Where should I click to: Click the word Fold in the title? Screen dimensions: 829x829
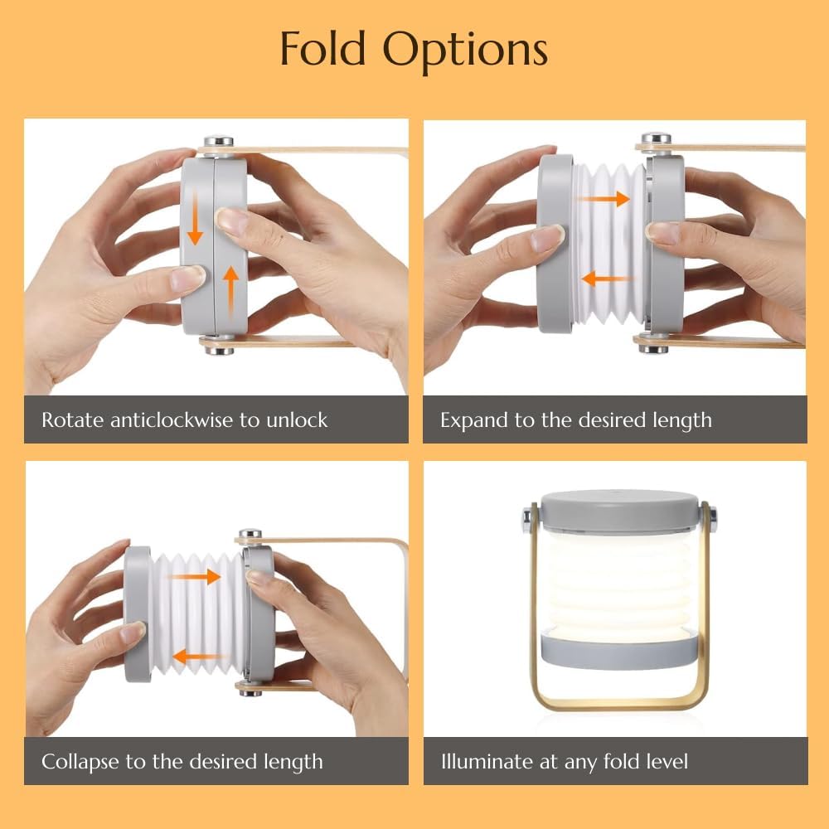[322, 49]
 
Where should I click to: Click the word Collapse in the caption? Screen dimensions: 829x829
[80, 763]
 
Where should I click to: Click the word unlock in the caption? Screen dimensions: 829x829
[297, 419]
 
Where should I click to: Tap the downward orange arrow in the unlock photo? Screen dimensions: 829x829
[195, 218]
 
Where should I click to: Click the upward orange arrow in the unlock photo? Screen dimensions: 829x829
[230, 293]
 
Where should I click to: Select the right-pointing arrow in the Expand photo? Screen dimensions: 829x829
[603, 199]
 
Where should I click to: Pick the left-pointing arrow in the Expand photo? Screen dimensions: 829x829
[607, 278]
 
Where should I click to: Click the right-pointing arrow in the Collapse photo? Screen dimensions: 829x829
[195, 576]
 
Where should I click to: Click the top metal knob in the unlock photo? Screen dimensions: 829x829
[218, 142]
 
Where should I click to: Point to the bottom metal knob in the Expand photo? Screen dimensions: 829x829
[653, 347]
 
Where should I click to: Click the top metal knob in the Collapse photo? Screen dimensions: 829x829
[250, 533]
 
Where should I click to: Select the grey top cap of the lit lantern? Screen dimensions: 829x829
[619, 510]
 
